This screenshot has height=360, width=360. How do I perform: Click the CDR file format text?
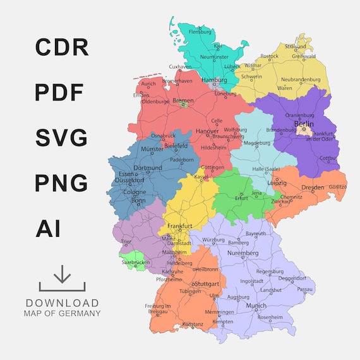point(62,47)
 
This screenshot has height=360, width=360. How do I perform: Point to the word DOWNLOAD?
point(62,303)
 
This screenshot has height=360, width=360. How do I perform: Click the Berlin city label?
point(304,124)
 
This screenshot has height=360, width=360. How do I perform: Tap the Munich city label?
point(256,305)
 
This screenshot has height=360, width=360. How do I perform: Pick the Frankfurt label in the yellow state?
point(179,225)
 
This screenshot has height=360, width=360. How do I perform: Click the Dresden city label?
point(313,188)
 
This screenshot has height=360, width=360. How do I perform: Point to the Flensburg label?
point(200,31)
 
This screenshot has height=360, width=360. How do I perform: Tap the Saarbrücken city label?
point(135,261)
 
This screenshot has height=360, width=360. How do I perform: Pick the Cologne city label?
point(135,192)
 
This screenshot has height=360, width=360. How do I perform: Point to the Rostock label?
point(269,56)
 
